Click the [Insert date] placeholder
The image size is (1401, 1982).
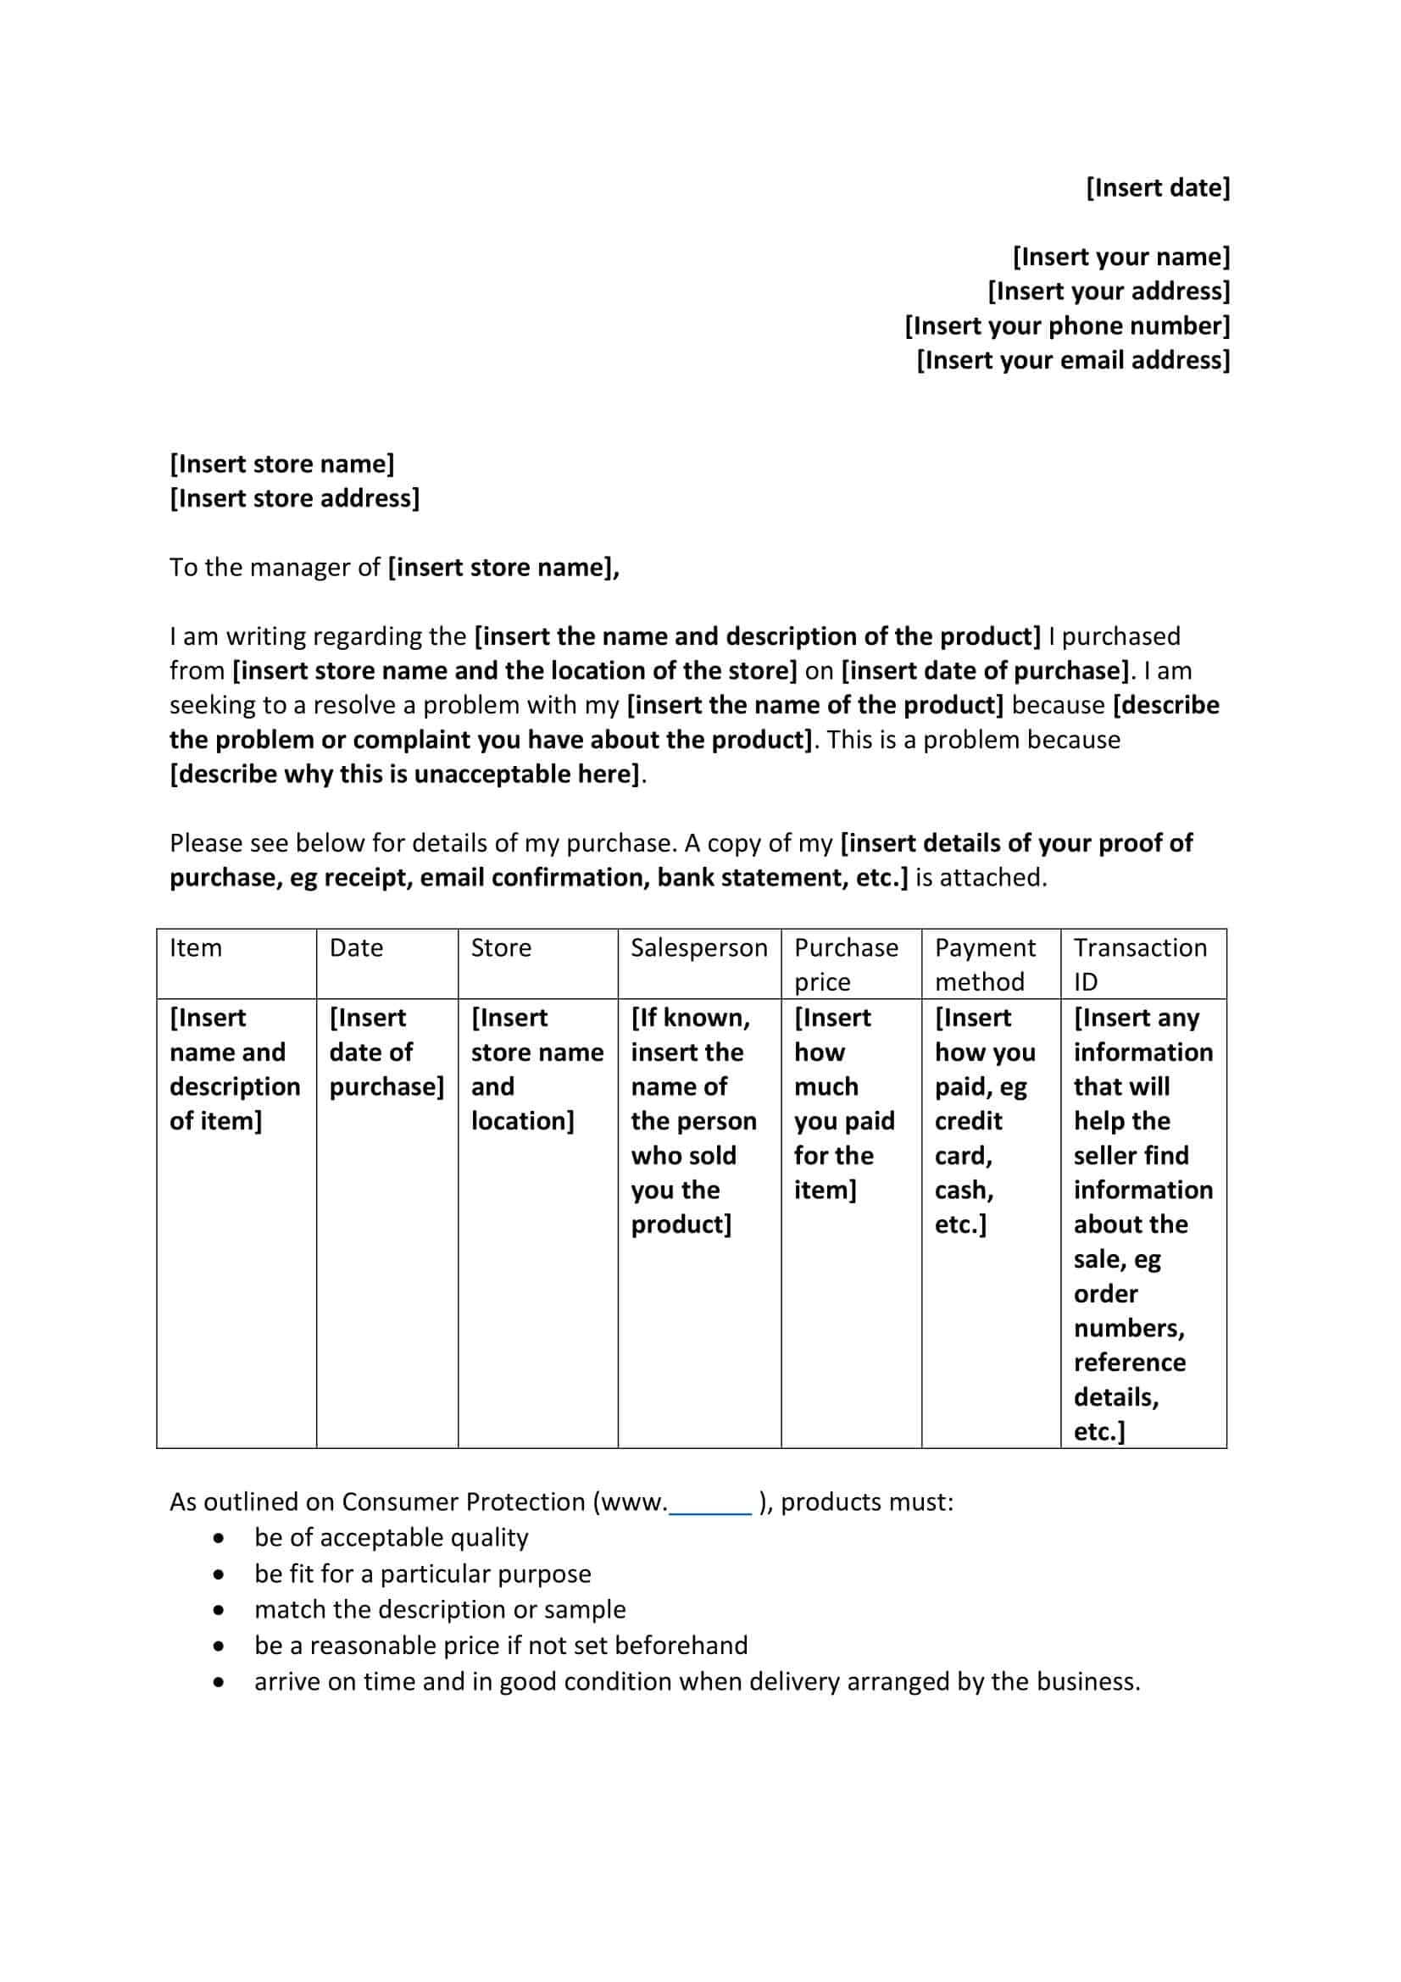tap(1157, 187)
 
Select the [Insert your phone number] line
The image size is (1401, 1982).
tap(1067, 325)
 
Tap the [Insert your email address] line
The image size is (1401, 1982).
tap(1072, 360)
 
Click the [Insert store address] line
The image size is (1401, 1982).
tap(294, 498)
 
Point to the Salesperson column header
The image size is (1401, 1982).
tap(698, 948)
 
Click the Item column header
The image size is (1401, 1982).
tap(196, 948)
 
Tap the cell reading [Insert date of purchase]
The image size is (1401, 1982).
tap(386, 1052)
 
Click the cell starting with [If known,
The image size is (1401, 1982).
tap(693, 1119)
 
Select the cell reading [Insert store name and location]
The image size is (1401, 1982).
tap(536, 1069)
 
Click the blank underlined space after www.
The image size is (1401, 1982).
tap(710, 1503)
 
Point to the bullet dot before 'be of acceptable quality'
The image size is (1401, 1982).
tap(220, 1538)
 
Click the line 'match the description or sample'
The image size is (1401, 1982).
tap(439, 1609)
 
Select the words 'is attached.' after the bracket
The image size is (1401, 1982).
tap(981, 877)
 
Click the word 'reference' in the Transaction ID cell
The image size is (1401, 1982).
tap(1129, 1363)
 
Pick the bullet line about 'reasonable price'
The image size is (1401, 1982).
tap(501, 1646)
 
